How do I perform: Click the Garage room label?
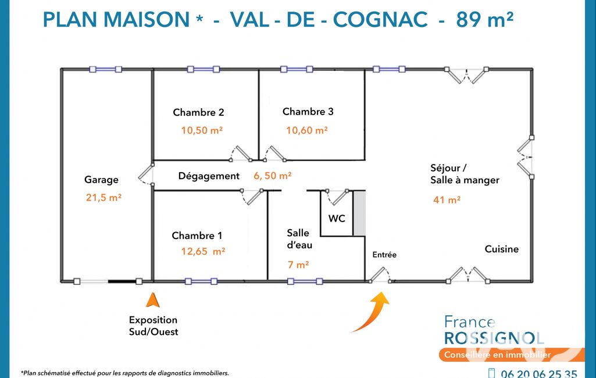tap(101, 180)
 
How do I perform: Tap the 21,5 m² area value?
tap(104, 197)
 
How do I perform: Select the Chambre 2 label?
tap(198, 112)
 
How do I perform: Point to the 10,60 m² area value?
tap(307, 130)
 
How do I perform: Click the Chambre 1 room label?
tap(197, 236)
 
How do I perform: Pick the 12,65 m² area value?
tap(203, 251)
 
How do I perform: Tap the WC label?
tap(337, 218)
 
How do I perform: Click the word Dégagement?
tap(209, 176)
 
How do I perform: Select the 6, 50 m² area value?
tap(273, 176)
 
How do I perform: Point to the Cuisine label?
tap(502, 249)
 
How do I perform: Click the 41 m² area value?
tap(447, 199)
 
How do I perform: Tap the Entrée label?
tap(384, 255)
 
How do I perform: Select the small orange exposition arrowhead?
tap(153, 299)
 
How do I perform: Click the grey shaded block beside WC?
tap(359, 213)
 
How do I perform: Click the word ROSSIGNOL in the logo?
tap(494, 338)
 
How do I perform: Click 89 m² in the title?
tap(484, 19)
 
